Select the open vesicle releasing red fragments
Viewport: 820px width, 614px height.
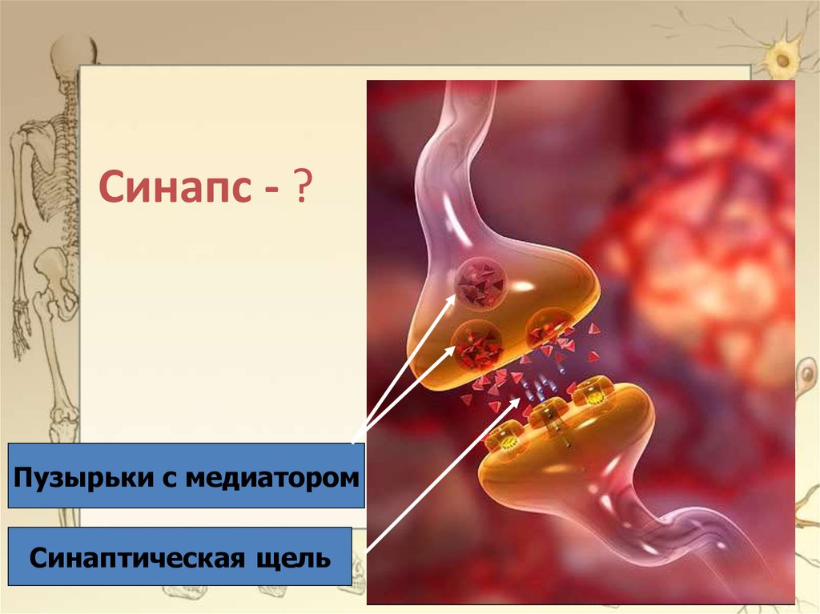[x=549, y=330]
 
